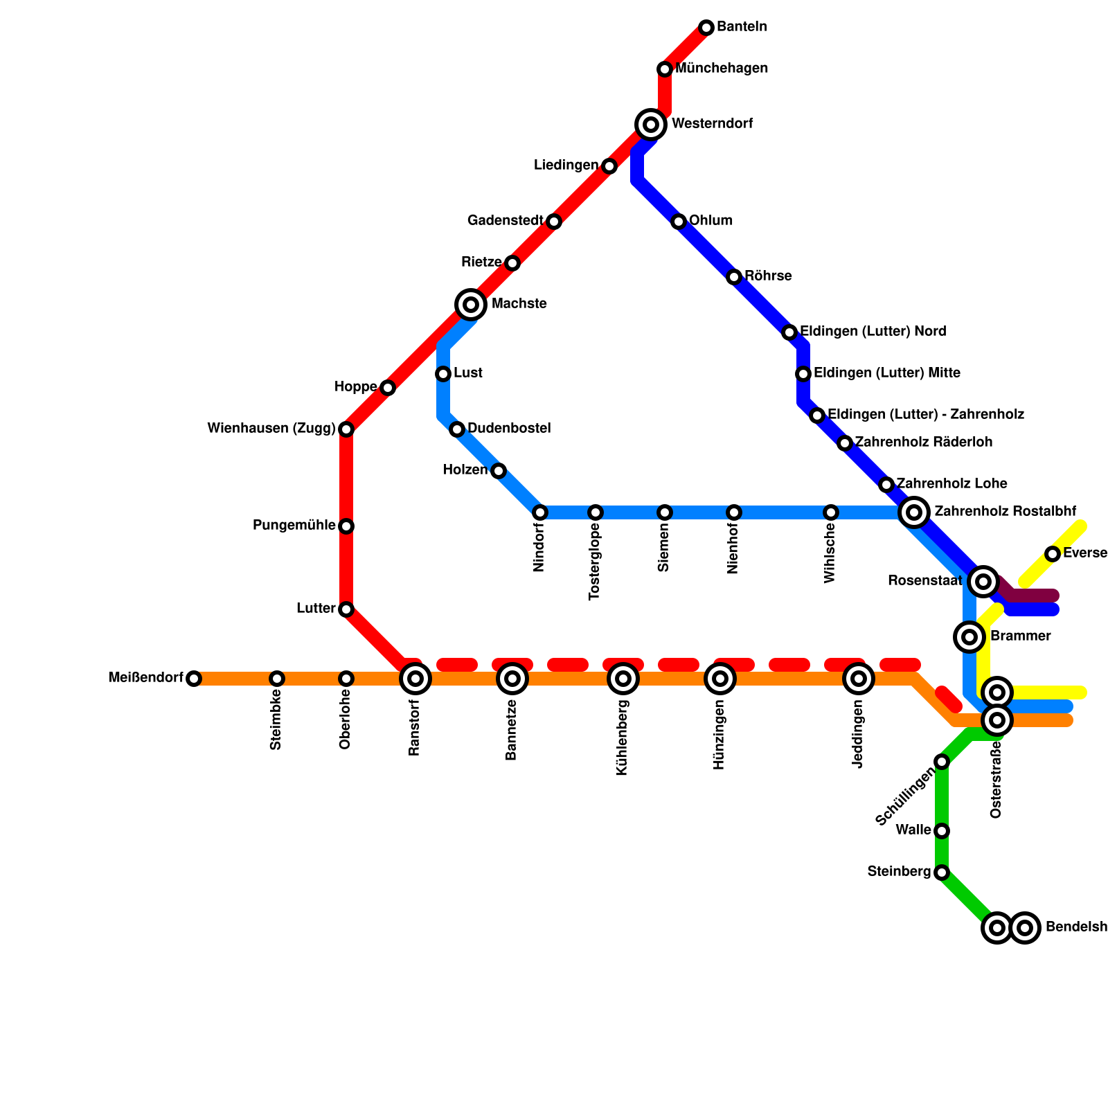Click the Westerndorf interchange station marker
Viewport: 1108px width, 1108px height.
(651, 125)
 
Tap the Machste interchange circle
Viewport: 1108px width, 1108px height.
(471, 305)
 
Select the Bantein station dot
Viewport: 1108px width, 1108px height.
(706, 28)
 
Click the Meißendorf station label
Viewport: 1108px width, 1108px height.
(145, 678)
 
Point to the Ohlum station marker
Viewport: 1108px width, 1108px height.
(679, 222)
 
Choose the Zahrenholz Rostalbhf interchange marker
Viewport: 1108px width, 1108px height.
(914, 512)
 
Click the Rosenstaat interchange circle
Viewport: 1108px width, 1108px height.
(983, 582)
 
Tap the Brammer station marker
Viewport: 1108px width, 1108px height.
(969, 637)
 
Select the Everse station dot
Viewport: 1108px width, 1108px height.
(1053, 554)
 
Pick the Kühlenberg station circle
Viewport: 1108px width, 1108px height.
(623, 679)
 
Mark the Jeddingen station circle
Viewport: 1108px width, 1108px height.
(859, 679)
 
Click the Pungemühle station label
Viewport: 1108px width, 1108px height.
(294, 526)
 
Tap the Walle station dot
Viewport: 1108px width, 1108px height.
(942, 831)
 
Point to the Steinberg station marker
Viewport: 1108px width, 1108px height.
(942, 873)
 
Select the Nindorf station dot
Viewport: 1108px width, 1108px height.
(540, 512)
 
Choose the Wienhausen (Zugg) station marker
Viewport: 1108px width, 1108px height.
(346, 429)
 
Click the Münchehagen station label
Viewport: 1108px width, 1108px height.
(722, 69)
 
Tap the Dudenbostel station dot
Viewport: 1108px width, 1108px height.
(457, 429)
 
